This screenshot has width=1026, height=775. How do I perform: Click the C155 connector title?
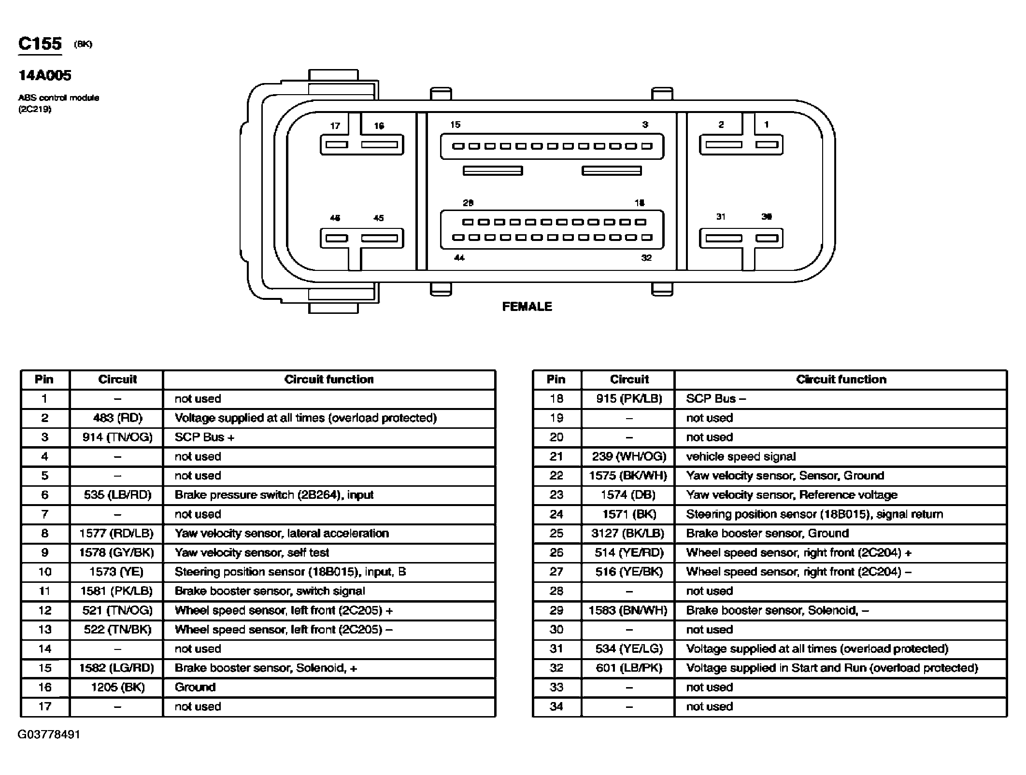40,43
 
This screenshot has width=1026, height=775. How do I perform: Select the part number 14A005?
45,75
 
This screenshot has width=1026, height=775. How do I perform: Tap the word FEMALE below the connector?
527,307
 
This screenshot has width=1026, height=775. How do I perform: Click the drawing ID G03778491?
49,734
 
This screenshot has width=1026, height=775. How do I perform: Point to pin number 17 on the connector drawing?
335,126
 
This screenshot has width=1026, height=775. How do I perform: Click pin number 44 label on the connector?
459,258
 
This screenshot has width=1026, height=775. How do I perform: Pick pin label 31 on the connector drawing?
721,217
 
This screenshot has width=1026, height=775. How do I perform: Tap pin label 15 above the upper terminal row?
456,125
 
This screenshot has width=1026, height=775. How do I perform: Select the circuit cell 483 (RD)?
117,418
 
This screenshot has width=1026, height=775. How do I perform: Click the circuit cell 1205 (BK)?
117,687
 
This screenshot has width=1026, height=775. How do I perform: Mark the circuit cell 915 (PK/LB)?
629,398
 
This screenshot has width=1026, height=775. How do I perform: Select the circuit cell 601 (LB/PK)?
629,668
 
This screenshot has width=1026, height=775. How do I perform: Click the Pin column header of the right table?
556,379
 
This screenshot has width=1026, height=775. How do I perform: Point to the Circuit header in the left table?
117,379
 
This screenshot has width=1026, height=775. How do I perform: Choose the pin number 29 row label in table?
556,610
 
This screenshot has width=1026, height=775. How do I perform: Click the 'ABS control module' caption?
58,98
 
